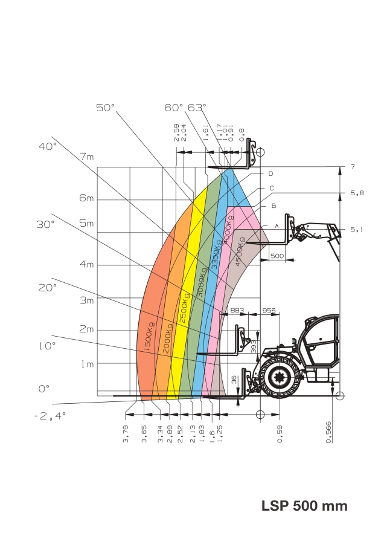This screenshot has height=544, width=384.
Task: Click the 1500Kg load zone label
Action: (x=149, y=337)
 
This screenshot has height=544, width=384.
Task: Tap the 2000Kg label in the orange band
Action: (x=167, y=338)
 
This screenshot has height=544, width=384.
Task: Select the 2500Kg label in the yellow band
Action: (x=184, y=308)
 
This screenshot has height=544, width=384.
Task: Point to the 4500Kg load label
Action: (x=240, y=252)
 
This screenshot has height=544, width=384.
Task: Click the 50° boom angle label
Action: (x=105, y=108)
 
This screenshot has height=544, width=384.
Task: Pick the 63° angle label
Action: (x=197, y=108)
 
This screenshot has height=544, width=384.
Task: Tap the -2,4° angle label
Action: (x=50, y=416)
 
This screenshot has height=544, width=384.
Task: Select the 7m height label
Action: (x=88, y=157)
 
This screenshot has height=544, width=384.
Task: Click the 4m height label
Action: (x=87, y=264)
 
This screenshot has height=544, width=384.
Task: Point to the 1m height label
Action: (x=88, y=364)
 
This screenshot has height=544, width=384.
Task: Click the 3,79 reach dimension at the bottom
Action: (x=126, y=433)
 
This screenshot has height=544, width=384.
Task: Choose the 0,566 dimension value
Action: (x=328, y=432)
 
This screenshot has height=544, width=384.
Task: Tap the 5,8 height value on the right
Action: (x=357, y=193)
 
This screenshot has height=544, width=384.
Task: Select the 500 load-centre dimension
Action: (x=277, y=256)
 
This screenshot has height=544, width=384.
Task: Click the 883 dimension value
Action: (x=237, y=310)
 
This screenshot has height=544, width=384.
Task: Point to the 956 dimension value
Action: (x=269, y=310)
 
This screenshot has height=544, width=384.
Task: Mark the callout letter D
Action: (x=270, y=174)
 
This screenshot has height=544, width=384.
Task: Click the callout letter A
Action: (x=277, y=226)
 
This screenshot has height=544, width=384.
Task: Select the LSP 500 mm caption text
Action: (x=304, y=505)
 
